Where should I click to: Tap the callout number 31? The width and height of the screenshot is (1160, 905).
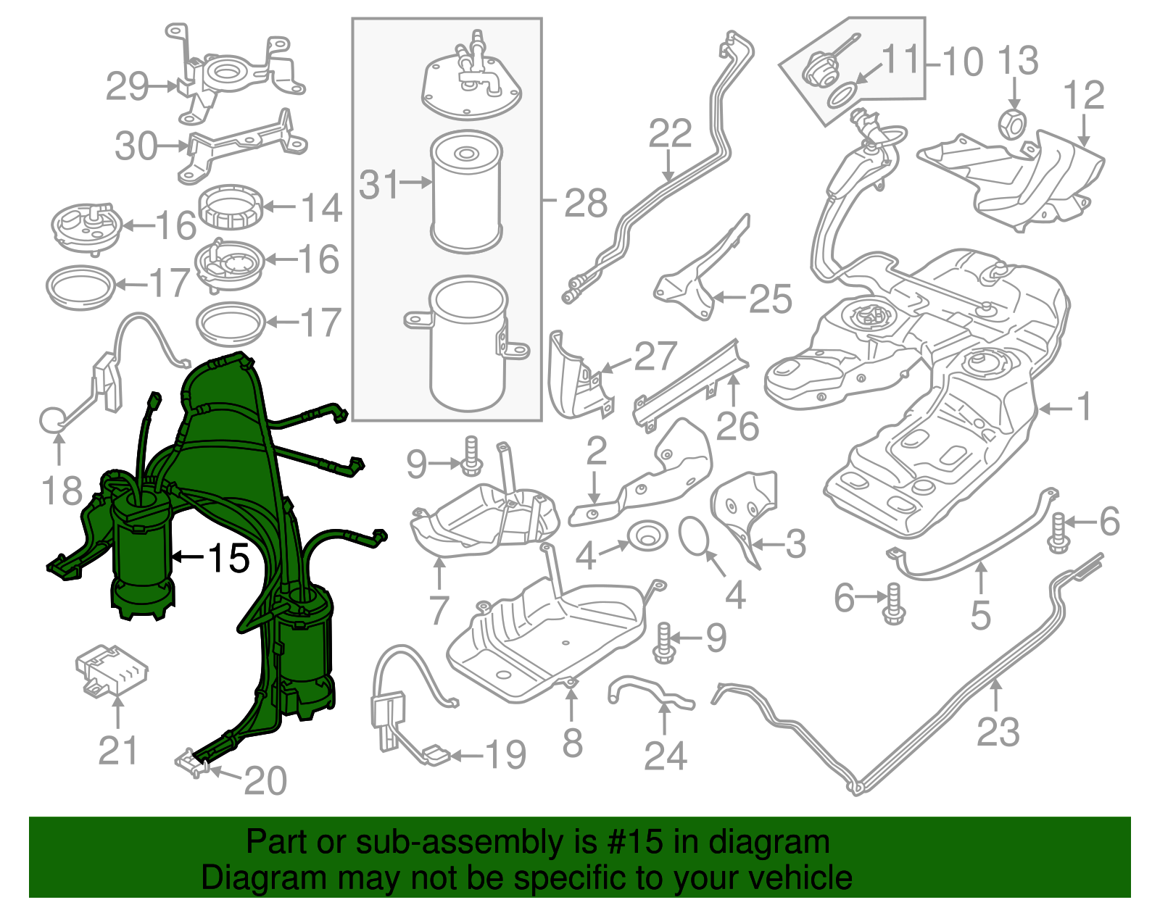(379, 184)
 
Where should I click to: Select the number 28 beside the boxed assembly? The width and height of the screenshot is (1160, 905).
(586, 203)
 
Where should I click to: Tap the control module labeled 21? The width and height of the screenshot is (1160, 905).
(112, 672)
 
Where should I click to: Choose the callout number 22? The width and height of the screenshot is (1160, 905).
(670, 133)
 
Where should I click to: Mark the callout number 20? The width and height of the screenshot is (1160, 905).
(265, 781)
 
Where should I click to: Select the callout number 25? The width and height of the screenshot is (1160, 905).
(770, 299)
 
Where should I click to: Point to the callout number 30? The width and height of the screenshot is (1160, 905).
(136, 146)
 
